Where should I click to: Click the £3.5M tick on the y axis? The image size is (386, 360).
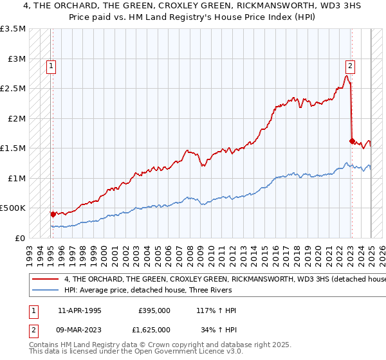(x=13, y=29)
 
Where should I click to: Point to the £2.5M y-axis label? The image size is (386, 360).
(x=13, y=89)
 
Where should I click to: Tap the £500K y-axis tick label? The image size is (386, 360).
(x=14, y=208)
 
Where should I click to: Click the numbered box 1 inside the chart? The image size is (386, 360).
(x=51, y=65)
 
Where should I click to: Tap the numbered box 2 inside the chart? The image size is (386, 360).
(x=350, y=65)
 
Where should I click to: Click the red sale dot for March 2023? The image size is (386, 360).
(x=351, y=141)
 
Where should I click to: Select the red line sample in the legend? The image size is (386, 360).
(x=44, y=280)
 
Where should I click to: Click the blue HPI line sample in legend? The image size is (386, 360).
(x=44, y=291)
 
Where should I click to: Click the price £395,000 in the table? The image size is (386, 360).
(x=154, y=310)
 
